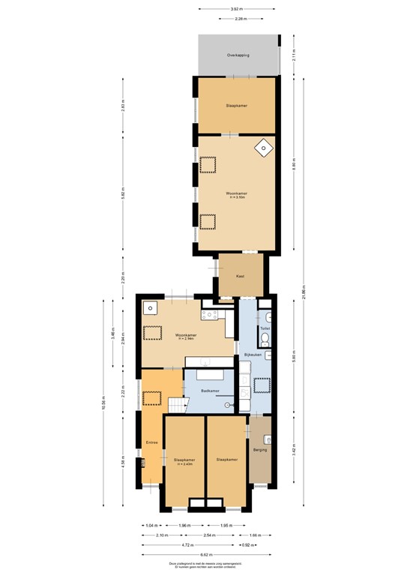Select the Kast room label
pyautogui.click(x=240, y=277)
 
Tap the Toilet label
pyautogui.click(x=265, y=328)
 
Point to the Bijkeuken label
pyautogui.click(x=253, y=355)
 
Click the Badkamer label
pyautogui.click(x=211, y=391)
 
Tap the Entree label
pyautogui.click(x=152, y=442)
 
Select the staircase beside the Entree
pyautogui.click(x=177, y=406)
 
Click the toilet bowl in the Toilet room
pyautogui.click(x=265, y=317)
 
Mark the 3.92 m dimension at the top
pyautogui.click(x=237, y=9)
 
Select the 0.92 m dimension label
pyautogui.click(x=245, y=545)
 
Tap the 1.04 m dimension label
pyautogui.click(x=151, y=526)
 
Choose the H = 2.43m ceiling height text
pyautogui.click(x=184, y=464)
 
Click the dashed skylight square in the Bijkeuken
pyautogui.click(x=262, y=385)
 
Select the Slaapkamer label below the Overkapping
pyautogui.click(x=237, y=106)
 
